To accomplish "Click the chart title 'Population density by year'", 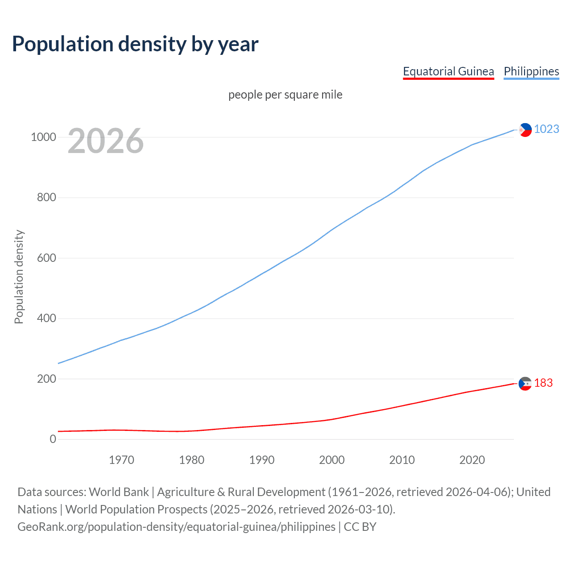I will tap(135, 44).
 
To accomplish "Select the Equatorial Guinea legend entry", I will tap(448, 71).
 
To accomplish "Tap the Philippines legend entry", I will tap(531, 71).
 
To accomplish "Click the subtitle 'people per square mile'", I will tap(285, 95).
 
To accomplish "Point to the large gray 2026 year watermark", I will tap(106, 141).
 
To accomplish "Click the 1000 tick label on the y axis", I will tap(43, 137).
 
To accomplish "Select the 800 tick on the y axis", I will tap(46, 198).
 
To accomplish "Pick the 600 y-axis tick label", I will tap(46, 258).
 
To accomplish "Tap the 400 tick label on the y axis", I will tap(46, 319).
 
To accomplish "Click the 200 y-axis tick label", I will tap(46, 379).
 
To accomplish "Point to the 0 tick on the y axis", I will tap(53, 439).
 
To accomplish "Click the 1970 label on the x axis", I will tap(121, 460).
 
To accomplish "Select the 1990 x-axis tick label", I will tap(262, 460).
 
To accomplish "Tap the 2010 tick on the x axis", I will tap(402, 460).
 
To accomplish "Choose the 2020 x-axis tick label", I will tap(472, 460).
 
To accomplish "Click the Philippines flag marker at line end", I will tap(525, 130).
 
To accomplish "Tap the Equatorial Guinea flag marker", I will tap(525, 384).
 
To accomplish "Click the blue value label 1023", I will tap(546, 129).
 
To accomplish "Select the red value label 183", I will tap(543, 383).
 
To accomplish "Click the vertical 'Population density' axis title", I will tap(19, 277).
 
